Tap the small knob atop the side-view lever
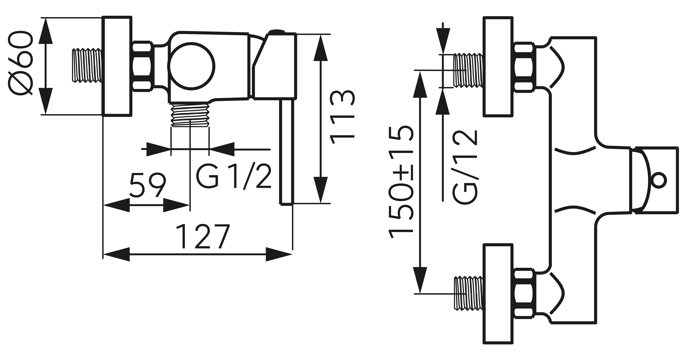(277, 32)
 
